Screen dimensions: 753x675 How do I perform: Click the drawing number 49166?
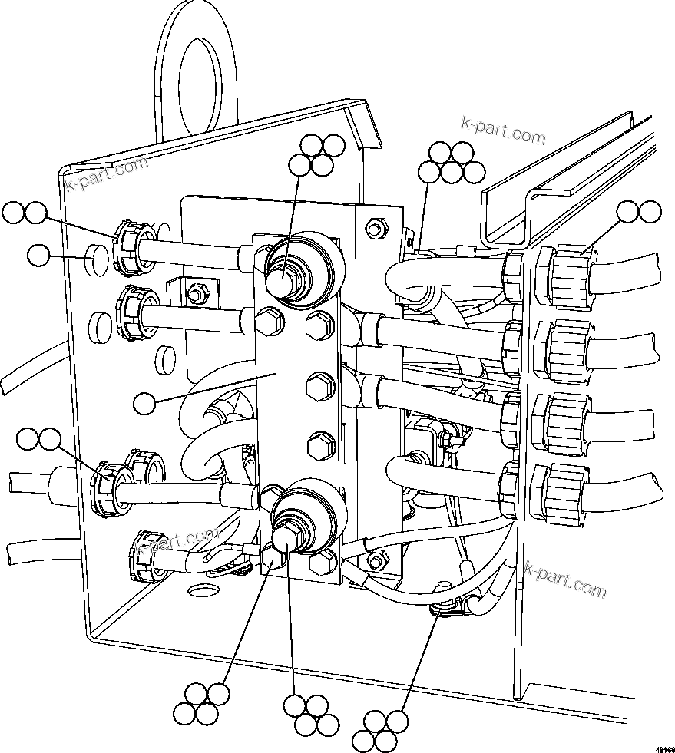pos(664,747)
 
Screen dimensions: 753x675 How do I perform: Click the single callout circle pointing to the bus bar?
pos(144,401)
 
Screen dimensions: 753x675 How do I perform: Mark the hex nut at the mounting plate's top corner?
pos(375,228)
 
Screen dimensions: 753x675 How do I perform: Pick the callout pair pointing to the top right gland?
pos(639,212)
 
